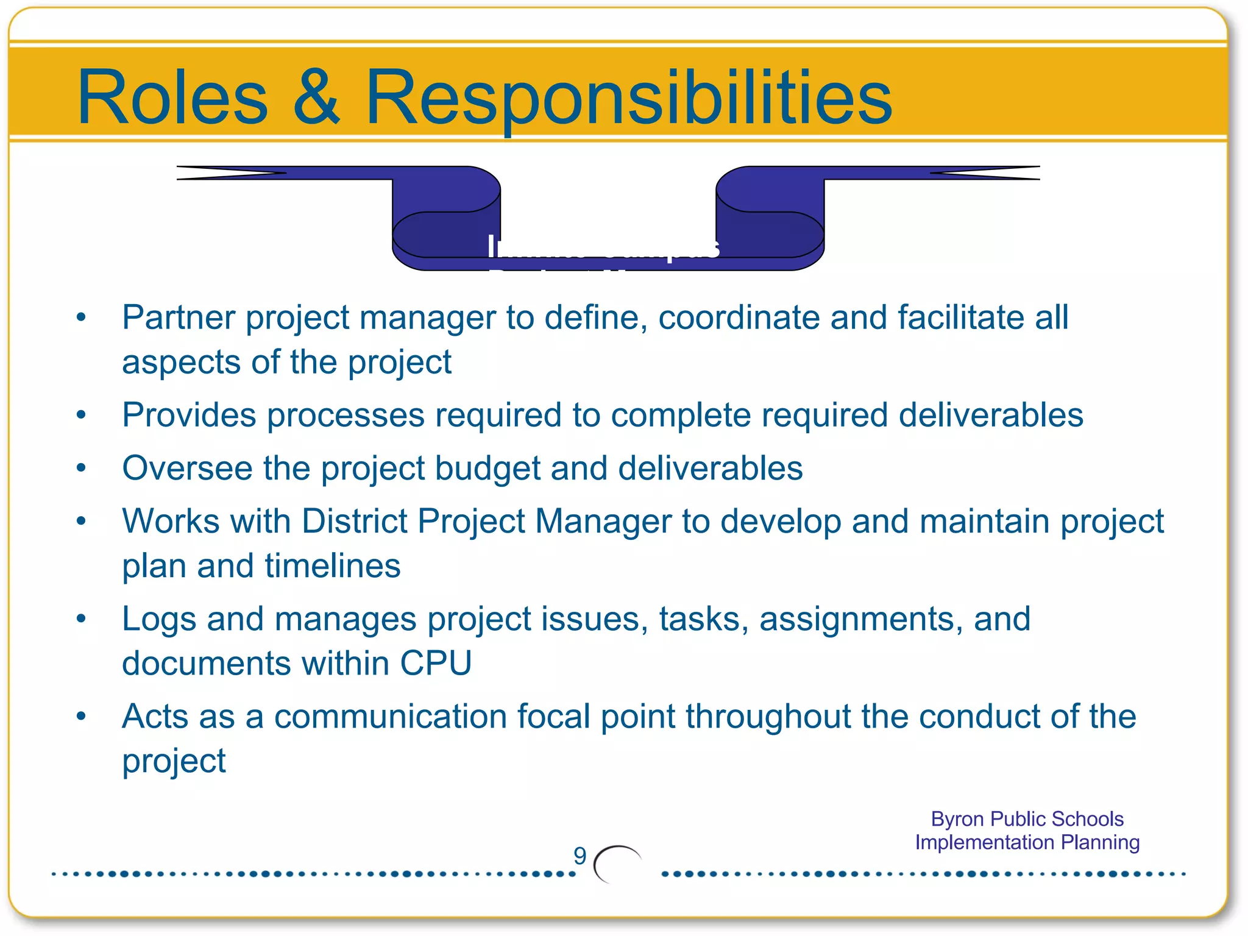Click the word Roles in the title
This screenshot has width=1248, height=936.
172,97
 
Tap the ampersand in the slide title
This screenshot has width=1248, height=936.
316,97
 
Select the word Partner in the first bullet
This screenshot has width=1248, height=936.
179,317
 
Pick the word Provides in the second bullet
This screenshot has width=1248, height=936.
189,416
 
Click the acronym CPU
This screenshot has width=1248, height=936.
436,663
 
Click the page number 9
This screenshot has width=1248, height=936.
580,856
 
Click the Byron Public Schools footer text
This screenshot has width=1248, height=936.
1027,819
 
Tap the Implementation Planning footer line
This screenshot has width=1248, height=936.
1027,842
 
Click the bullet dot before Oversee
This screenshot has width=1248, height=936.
81,468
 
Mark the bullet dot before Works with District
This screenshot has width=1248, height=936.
81,521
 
